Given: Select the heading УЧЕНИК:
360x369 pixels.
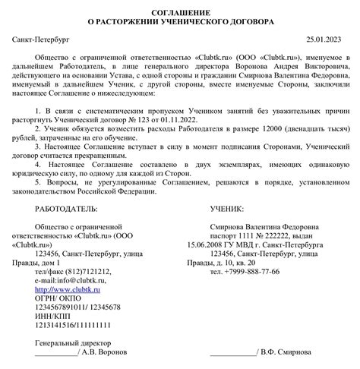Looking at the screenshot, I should click(x=226, y=207).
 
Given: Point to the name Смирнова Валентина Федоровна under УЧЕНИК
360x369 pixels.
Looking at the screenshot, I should click(x=264, y=225).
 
